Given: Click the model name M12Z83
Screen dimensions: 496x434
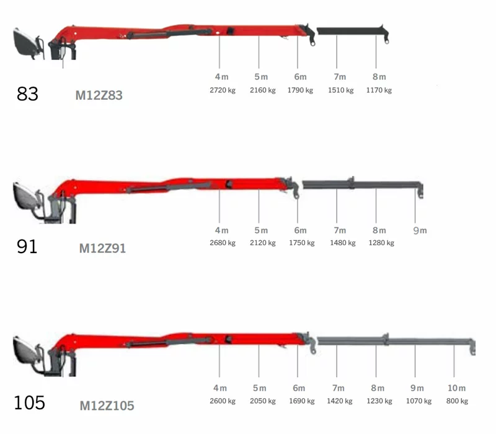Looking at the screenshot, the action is point(99,95).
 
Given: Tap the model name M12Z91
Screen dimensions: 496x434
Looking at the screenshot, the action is point(102,248).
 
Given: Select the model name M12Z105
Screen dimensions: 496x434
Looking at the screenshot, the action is point(107,406).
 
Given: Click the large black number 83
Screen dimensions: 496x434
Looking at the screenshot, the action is point(27,94).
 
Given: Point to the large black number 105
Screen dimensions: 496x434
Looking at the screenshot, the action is point(29,402).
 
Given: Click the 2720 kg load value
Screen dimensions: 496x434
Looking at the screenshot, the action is point(223,90).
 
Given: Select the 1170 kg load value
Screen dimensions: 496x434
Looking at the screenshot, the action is point(379,90).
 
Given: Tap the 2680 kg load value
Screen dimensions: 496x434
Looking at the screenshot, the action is point(223,243).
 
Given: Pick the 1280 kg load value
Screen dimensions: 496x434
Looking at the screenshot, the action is point(381,243).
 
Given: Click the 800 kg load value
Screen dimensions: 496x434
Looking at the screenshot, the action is point(457,401).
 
